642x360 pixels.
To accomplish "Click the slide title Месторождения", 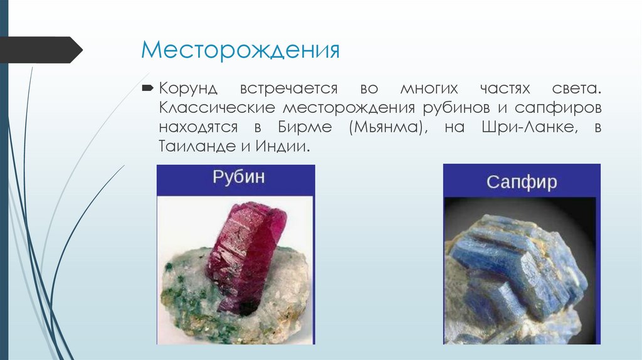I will [240, 50].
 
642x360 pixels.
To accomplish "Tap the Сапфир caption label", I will [522, 183].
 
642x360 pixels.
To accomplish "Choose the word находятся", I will [198, 127].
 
